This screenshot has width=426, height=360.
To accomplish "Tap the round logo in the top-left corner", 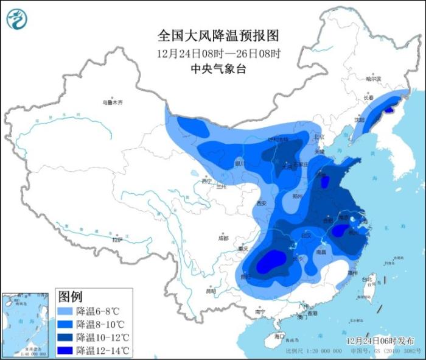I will [x=17, y=19].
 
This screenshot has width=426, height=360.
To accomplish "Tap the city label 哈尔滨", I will [x=373, y=79].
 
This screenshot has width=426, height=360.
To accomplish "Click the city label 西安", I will [x=262, y=203].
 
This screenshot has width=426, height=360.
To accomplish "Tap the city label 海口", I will [x=279, y=336].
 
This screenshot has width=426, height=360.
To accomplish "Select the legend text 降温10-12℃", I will [x=103, y=337].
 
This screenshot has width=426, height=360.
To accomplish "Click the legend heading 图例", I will [x=70, y=297].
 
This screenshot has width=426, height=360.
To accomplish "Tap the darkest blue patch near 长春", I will [x=388, y=111].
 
